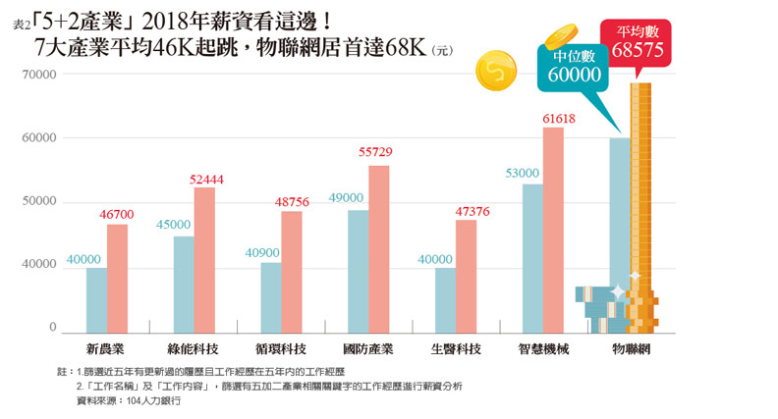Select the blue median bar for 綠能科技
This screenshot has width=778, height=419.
click(184, 284)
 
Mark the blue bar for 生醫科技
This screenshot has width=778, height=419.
click(445, 298)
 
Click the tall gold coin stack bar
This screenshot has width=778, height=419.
click(640, 196)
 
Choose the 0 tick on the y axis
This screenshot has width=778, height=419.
click(53, 328)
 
